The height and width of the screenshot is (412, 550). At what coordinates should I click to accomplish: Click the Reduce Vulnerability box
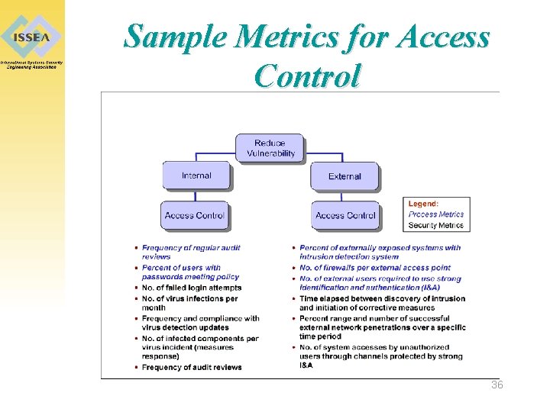(270, 148)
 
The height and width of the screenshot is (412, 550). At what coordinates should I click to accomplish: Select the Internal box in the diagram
(196, 175)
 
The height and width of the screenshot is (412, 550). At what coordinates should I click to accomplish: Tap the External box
(345, 176)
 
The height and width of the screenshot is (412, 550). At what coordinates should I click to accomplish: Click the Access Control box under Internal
(194, 215)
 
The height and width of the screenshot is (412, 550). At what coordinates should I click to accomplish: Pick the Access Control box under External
(345, 215)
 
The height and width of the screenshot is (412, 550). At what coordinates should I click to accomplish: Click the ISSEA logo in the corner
(31, 37)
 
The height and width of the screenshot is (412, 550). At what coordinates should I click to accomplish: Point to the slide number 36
(497, 385)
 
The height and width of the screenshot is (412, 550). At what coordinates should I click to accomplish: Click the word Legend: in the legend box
(423, 204)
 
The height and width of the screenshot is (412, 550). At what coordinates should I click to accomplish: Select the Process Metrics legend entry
(435, 214)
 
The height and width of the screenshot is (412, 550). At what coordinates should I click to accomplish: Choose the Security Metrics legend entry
(435, 225)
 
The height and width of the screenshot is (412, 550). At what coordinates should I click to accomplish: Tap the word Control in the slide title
(306, 76)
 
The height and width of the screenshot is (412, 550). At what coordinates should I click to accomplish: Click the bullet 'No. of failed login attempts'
(191, 288)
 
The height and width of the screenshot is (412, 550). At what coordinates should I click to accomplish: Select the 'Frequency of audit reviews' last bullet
(191, 367)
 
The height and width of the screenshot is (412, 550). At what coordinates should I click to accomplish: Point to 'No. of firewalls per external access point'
(375, 268)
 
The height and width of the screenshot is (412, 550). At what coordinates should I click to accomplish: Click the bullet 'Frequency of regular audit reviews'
(191, 252)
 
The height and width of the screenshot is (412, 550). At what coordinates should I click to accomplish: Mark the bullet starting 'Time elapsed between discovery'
(382, 303)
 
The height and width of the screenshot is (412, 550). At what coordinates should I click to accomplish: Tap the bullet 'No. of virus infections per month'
(189, 303)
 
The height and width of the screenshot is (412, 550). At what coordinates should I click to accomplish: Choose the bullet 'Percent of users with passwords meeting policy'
(190, 272)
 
